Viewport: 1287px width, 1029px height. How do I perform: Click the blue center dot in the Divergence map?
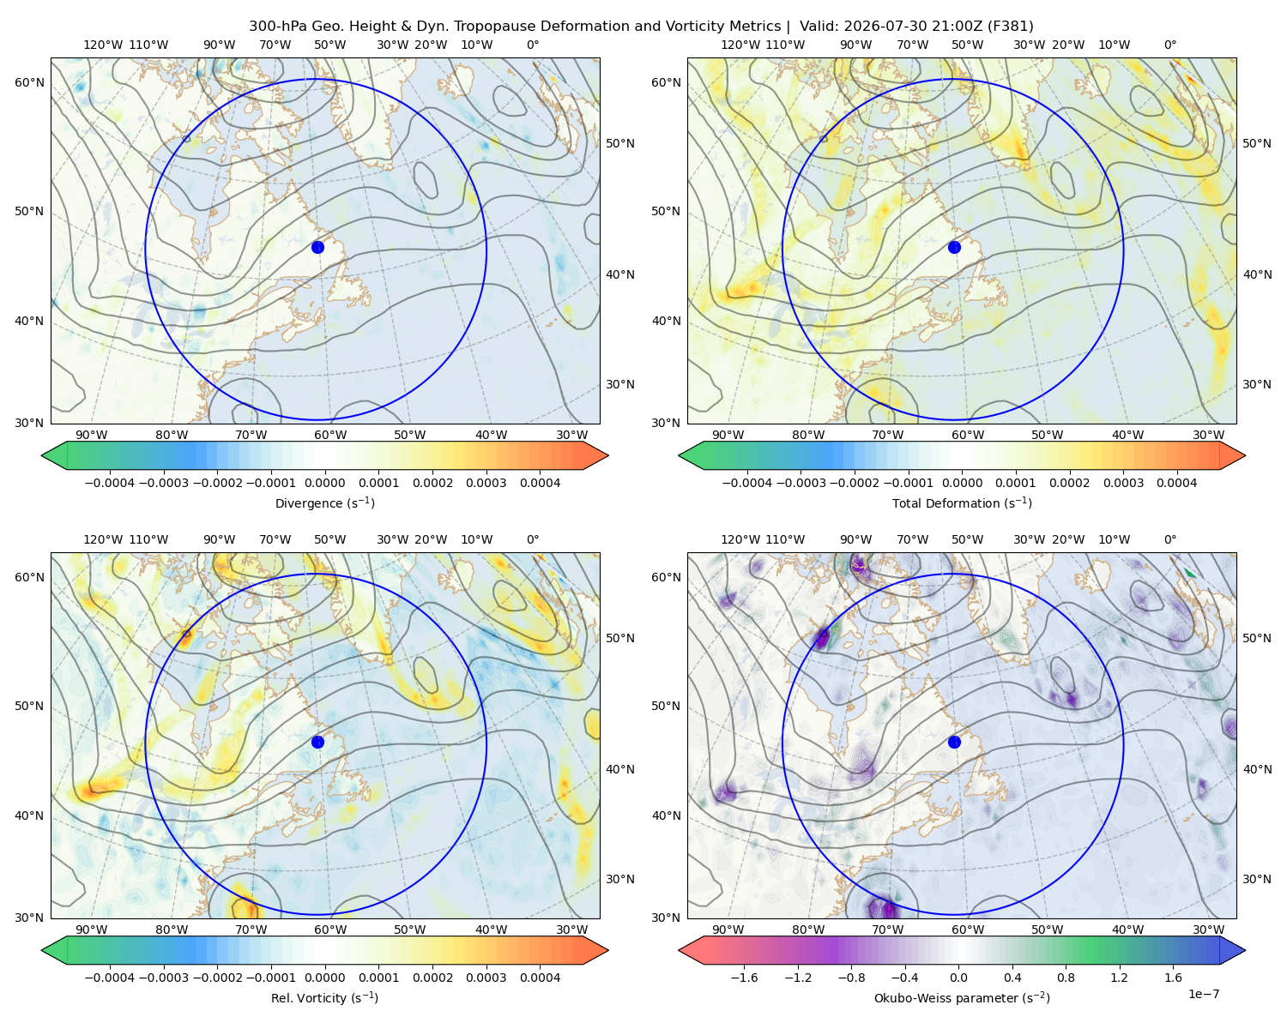point(317,247)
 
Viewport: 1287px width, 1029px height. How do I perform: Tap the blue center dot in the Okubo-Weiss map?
point(954,742)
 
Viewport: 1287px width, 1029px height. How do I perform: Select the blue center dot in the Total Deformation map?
point(954,247)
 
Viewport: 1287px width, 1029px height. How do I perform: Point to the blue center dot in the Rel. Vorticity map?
point(317,742)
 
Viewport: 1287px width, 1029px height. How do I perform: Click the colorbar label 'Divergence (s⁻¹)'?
point(324,502)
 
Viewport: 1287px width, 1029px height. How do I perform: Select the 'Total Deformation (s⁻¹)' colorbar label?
point(962,502)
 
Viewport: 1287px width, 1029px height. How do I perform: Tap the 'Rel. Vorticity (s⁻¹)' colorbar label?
point(324,998)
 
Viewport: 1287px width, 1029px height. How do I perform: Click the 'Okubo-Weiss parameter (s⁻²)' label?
point(962,998)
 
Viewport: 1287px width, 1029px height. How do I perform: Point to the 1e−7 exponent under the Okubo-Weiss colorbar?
point(1203,994)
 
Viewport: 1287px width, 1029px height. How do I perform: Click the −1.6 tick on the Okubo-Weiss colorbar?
point(745,978)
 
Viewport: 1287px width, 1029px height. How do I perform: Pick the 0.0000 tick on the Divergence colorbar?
point(324,483)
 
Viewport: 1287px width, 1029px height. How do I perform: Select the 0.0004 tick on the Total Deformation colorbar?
point(1176,483)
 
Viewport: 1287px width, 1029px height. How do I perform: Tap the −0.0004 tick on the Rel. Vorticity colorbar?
point(110,978)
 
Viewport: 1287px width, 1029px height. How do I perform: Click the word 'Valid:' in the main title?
point(819,27)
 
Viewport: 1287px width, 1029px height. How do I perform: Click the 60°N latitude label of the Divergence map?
point(29,82)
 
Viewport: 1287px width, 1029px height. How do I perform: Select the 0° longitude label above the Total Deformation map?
point(1169,45)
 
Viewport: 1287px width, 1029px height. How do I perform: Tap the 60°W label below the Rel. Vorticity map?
point(330,930)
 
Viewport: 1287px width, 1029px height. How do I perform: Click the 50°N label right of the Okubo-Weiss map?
point(1257,638)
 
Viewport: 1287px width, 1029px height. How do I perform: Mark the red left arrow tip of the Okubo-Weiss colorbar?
point(679,950)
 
